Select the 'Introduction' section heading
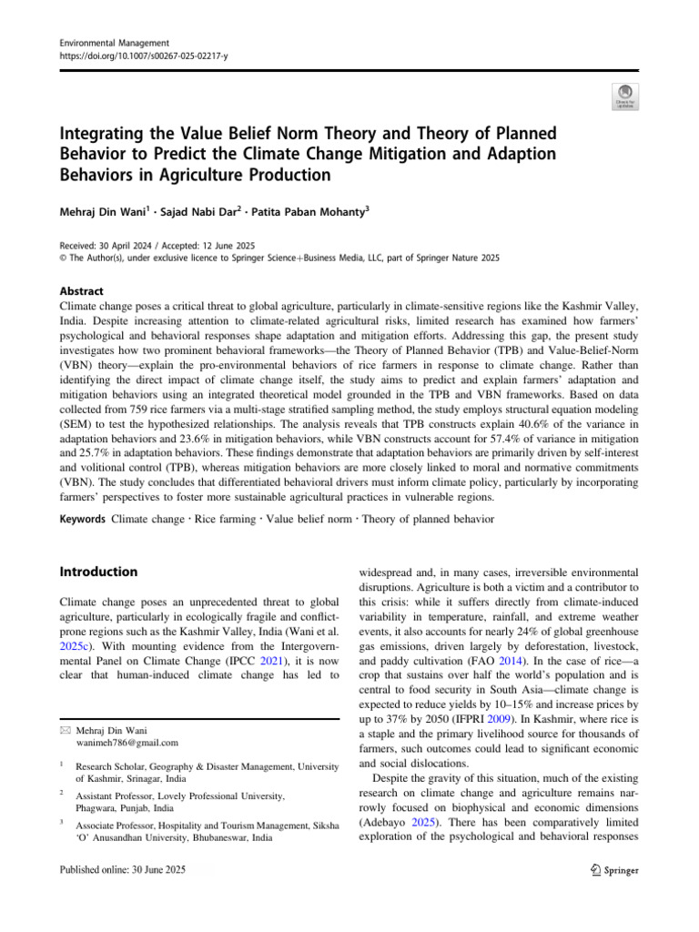(98, 572)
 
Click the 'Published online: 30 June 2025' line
(122, 870)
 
